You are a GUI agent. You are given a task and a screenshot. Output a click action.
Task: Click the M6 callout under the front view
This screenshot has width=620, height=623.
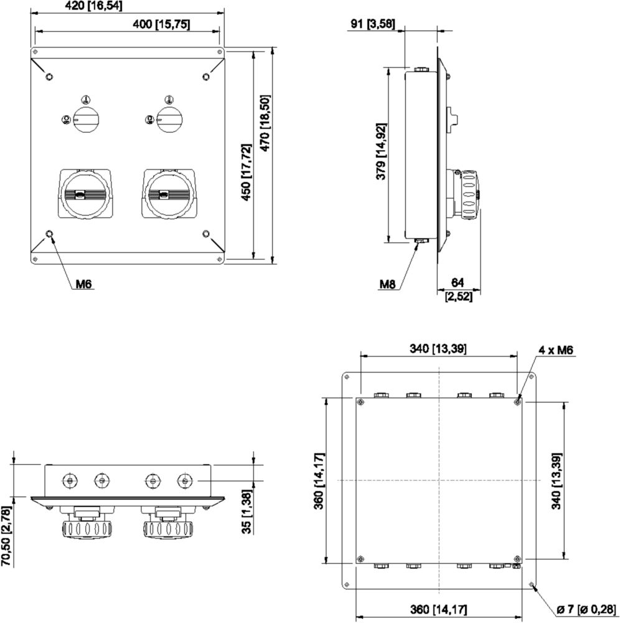(x=84, y=283)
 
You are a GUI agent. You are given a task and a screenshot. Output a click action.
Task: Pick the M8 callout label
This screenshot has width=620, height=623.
(x=387, y=283)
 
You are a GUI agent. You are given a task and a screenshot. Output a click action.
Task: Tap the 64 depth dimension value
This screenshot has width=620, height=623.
(x=458, y=282)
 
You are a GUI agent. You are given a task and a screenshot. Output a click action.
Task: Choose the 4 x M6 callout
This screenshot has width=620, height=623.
(x=556, y=350)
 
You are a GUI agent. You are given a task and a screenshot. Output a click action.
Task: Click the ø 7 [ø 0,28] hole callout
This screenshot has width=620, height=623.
(x=586, y=609)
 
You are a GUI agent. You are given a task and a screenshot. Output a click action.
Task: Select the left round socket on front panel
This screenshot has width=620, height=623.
(x=85, y=194)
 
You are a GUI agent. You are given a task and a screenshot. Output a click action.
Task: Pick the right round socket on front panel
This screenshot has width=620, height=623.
(x=169, y=194)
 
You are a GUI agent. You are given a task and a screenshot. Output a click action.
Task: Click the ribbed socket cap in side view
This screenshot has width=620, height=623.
(x=469, y=194)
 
